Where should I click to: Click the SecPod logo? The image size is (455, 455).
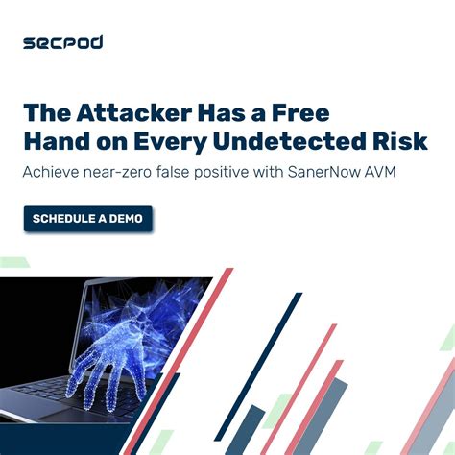pos(63,42)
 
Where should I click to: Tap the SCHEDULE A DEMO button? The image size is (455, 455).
pos(87,219)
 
